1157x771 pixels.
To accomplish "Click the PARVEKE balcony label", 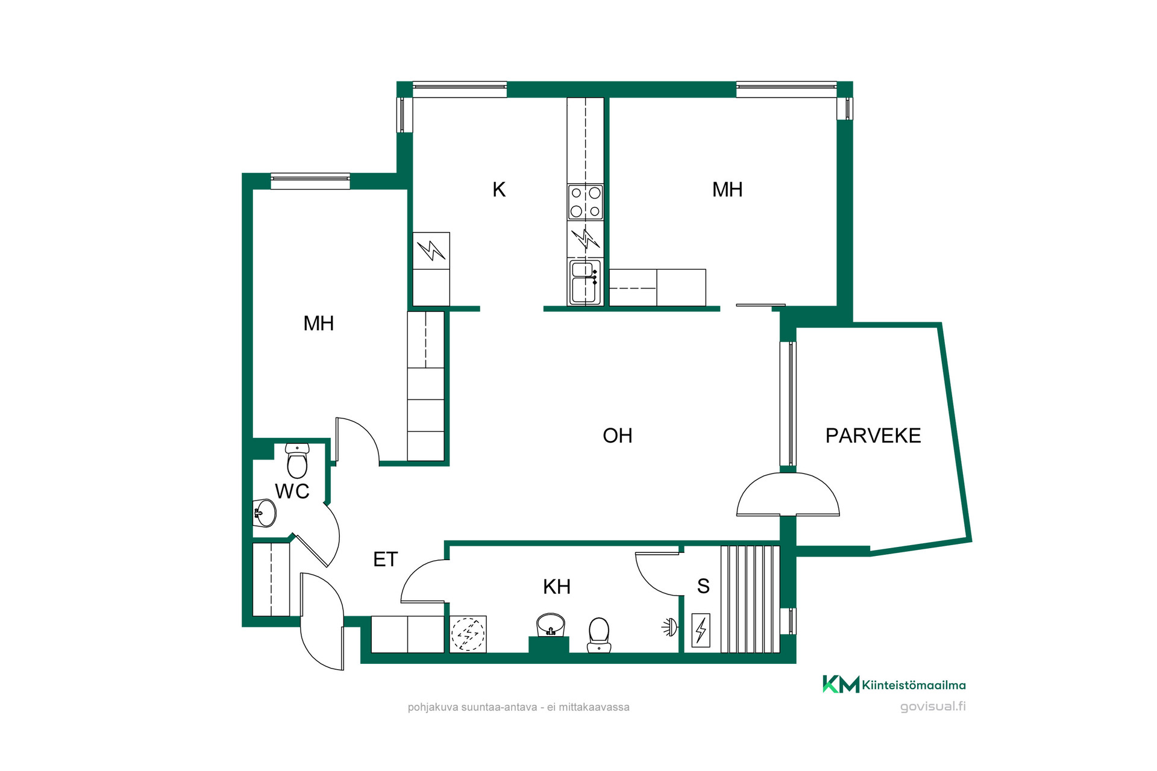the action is (x=873, y=435).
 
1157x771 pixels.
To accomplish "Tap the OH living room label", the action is (x=618, y=435).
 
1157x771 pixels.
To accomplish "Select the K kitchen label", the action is (x=499, y=190).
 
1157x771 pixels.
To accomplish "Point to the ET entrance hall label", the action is (x=385, y=560).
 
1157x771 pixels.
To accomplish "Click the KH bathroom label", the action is (x=557, y=587).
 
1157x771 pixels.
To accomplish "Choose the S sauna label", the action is (x=703, y=586).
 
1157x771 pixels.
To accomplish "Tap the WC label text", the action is (x=292, y=492).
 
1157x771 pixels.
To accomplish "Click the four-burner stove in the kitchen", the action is (x=585, y=202).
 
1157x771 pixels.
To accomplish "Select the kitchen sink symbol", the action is (x=585, y=282).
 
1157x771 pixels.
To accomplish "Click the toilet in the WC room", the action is (x=297, y=461).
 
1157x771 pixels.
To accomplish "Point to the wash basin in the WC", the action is (x=265, y=513).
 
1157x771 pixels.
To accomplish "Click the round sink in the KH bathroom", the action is (x=550, y=625).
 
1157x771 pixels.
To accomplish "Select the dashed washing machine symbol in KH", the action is (x=468, y=634).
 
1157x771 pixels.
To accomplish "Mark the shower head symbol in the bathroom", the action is (x=669, y=628).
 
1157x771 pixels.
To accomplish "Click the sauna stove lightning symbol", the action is (x=701, y=630).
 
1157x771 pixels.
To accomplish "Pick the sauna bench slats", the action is (x=750, y=599).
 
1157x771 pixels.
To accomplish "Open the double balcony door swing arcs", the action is (x=788, y=495).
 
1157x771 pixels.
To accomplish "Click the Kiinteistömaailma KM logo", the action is (x=894, y=685).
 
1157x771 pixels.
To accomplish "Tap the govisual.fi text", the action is (x=933, y=707).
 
